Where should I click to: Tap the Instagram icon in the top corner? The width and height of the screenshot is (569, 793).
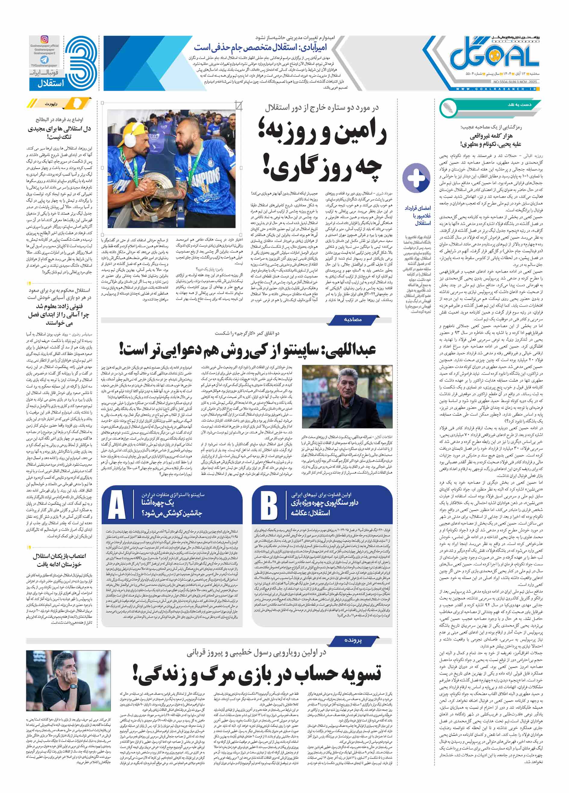(x=45, y=39)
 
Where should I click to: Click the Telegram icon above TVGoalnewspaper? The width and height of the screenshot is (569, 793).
(x=45, y=60)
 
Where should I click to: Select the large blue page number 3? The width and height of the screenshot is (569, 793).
(x=81, y=63)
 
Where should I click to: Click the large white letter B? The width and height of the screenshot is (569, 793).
(x=269, y=505)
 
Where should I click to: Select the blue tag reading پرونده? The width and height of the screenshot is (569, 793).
(x=353, y=640)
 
